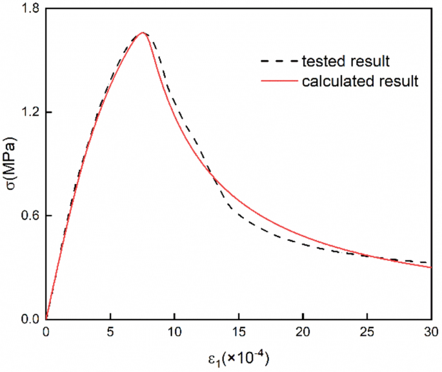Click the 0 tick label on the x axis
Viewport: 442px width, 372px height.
[46, 332]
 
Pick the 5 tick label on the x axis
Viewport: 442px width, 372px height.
[110, 332]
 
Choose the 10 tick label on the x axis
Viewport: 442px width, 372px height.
[174, 332]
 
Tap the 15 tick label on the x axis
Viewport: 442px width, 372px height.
[239, 332]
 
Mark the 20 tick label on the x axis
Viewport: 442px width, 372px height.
[303, 332]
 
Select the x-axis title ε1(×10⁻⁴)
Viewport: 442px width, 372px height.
[239, 357]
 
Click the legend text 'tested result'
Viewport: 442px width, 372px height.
[345, 62]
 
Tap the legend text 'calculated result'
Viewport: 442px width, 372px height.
[361, 82]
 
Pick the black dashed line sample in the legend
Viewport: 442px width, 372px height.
[278, 63]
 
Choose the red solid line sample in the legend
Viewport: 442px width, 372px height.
[278, 82]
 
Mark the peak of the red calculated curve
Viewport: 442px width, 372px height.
[143, 33]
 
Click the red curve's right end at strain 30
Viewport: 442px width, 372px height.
[430, 267]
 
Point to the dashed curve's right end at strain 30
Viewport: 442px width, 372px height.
[430, 262]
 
